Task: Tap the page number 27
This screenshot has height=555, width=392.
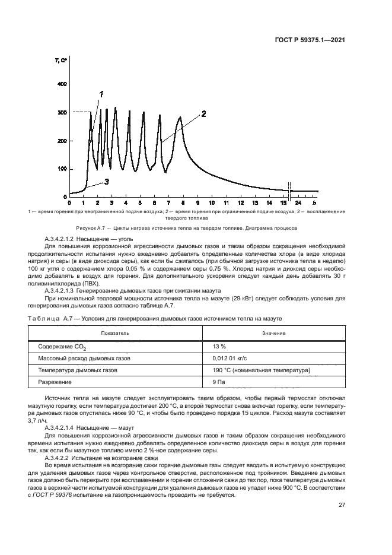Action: (342, 506)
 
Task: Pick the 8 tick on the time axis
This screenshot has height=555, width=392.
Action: (184, 202)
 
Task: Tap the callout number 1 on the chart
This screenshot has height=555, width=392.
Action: (101, 94)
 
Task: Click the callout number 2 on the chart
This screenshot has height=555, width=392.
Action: (203, 113)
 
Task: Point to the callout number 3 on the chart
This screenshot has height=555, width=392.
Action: (107, 182)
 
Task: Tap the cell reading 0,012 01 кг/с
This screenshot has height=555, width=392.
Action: (229, 359)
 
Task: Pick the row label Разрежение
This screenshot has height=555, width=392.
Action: (55, 382)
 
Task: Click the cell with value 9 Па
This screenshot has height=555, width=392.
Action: (219, 382)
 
